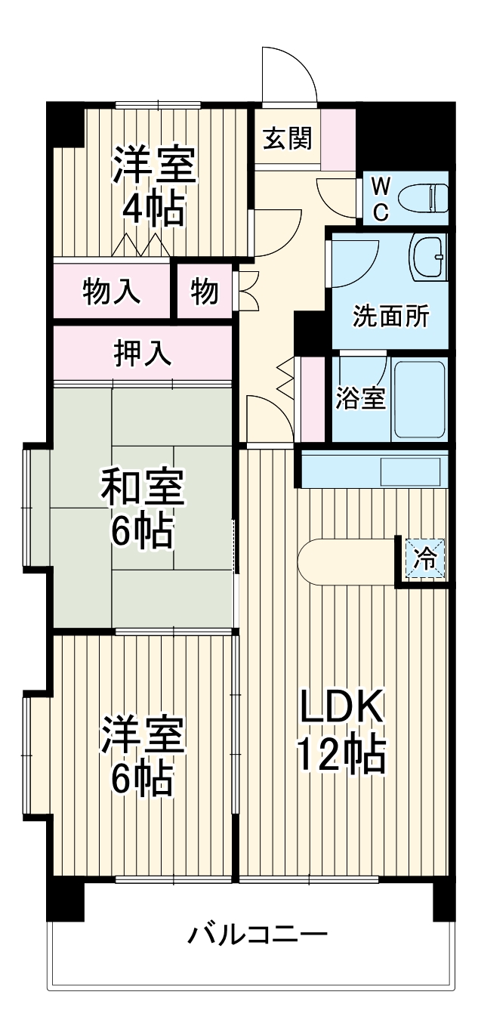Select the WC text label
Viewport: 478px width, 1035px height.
pyautogui.click(x=381, y=199)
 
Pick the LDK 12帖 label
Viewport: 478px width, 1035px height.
pyautogui.click(x=342, y=730)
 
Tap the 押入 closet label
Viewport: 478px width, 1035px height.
pyautogui.click(x=142, y=352)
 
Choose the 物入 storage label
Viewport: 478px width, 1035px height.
pyautogui.click(x=111, y=291)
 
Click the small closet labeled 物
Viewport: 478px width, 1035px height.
pyautogui.click(x=204, y=291)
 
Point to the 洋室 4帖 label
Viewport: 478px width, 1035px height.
pyautogui.click(x=155, y=187)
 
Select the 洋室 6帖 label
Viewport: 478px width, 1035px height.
pyautogui.click(x=143, y=755)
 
